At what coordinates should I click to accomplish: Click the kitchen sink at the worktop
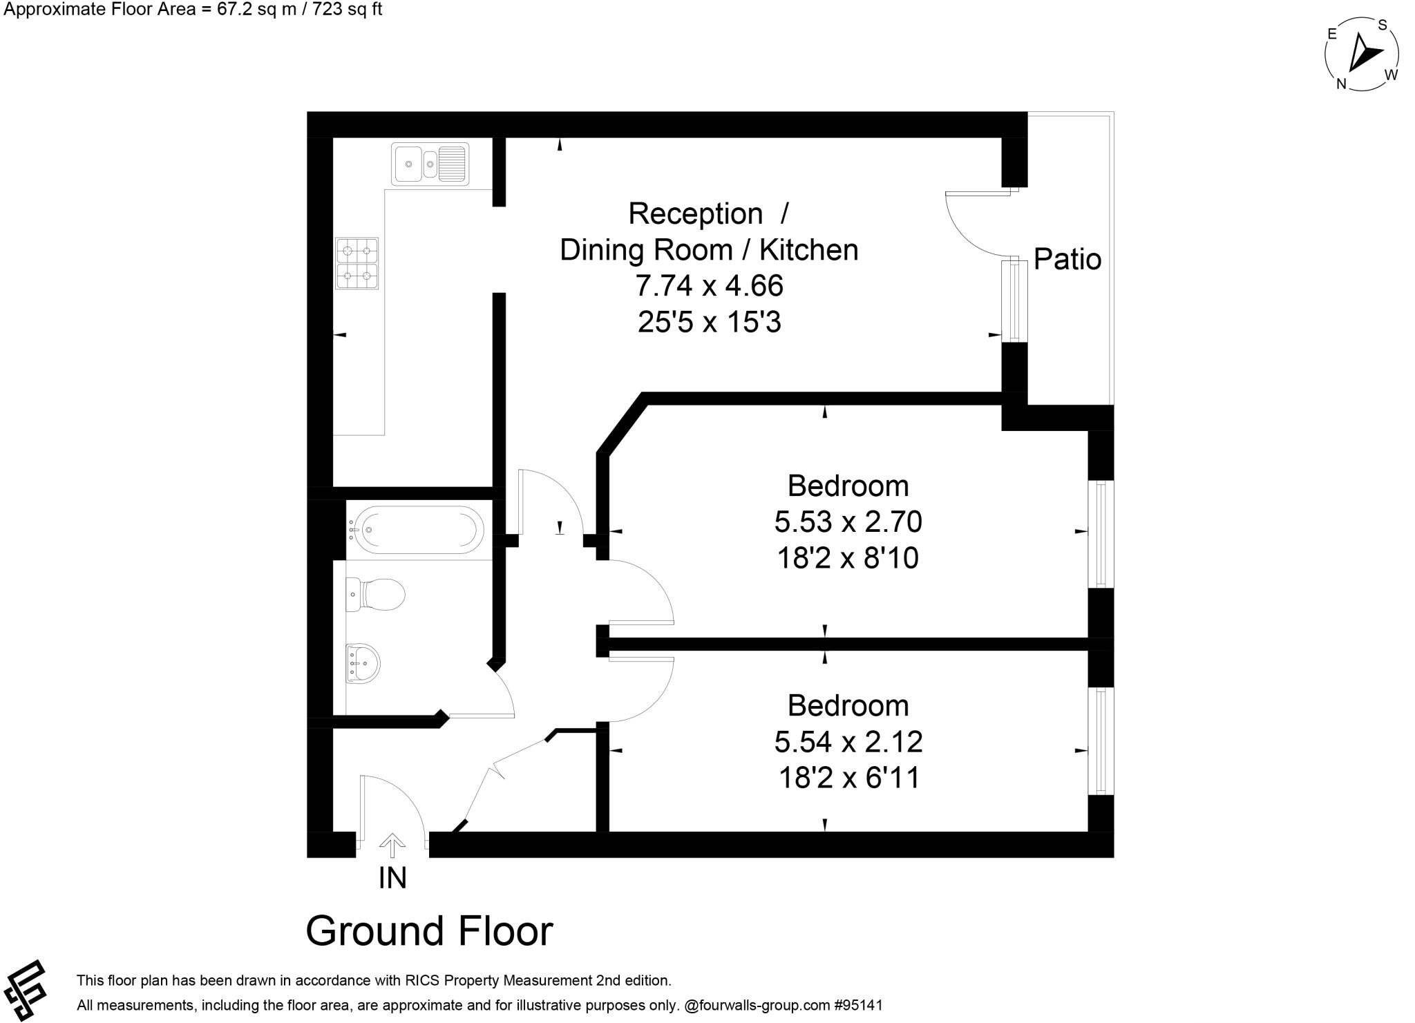(x=430, y=164)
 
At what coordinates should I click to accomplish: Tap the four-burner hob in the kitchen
(x=357, y=263)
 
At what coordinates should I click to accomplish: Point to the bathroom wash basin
(x=363, y=663)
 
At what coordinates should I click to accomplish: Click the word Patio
(x=1067, y=260)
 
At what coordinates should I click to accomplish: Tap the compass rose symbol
(x=1362, y=55)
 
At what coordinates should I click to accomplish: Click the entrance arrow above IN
(x=392, y=844)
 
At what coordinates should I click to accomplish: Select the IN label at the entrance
(x=392, y=878)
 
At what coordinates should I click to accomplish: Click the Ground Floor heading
(x=429, y=931)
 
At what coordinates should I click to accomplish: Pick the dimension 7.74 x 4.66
(x=709, y=286)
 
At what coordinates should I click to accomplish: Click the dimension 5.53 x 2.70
(x=848, y=522)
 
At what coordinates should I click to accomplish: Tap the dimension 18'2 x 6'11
(x=849, y=778)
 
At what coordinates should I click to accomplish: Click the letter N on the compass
(x=1341, y=84)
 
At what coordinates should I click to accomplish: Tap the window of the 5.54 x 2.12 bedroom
(x=1101, y=741)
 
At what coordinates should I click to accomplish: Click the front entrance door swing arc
(x=404, y=794)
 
